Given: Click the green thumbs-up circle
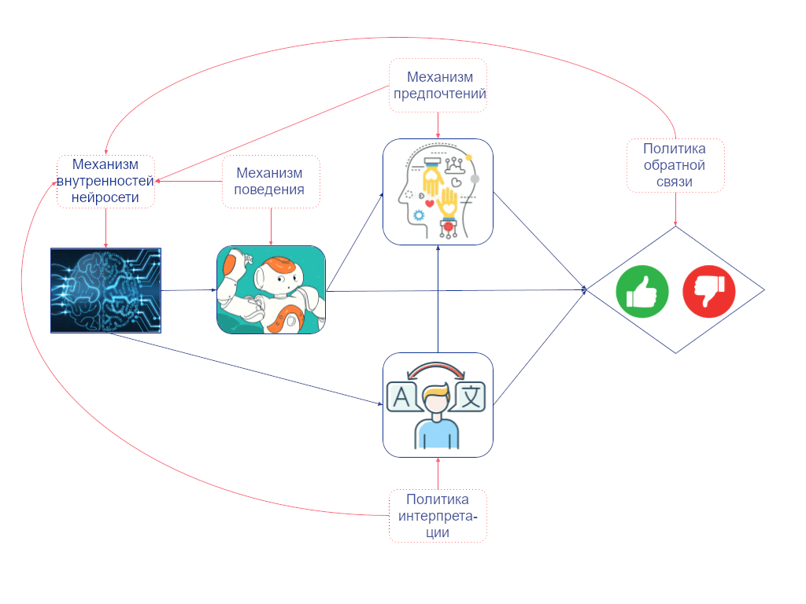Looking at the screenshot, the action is [642, 291].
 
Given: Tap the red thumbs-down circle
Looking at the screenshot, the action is [709, 291].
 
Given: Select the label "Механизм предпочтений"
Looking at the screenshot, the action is [439, 85].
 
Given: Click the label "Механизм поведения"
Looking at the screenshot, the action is [269, 182].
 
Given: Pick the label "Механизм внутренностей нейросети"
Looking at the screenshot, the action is [105, 181].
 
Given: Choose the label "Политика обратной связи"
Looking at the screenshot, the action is [675, 165].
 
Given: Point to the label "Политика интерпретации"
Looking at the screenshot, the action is [438, 516].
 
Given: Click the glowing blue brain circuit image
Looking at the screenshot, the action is [106, 291].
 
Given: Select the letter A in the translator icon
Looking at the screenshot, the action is [401, 397].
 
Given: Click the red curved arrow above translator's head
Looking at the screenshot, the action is [436, 370].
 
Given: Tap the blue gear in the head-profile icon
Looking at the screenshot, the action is [419, 215].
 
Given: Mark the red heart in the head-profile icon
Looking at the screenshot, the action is [430, 204].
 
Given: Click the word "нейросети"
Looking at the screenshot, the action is [105, 197].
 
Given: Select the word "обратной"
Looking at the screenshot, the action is [675, 165].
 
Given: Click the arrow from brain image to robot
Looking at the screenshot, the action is [189, 290].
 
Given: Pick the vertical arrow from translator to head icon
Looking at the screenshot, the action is [438, 299].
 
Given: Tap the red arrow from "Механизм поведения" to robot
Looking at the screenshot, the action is [271, 226].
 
